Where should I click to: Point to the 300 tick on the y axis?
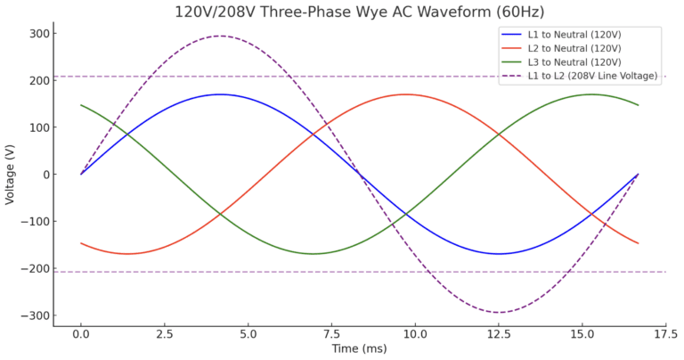click(37, 34)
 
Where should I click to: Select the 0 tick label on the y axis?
click(43, 175)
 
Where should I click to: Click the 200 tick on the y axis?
click(37, 81)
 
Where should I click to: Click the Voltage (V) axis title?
click(11, 174)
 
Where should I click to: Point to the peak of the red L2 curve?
click(405, 94)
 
